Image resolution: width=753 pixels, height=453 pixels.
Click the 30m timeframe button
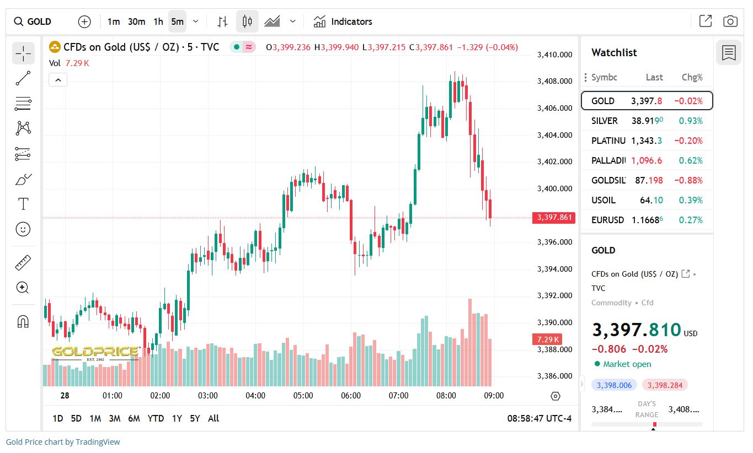[x=136, y=21]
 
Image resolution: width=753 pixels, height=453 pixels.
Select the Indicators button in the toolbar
[x=343, y=21]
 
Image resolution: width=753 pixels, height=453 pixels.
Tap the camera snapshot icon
[x=730, y=21]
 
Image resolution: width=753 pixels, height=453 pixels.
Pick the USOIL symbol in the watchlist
[x=603, y=200]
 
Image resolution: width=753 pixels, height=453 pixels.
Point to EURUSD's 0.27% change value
[x=691, y=220]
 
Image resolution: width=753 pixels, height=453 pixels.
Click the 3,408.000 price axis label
[x=554, y=82]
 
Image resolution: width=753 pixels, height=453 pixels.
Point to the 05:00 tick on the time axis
[x=303, y=396]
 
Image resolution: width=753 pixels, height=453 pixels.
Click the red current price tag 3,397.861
[x=554, y=218]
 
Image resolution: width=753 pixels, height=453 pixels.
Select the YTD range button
[x=156, y=418]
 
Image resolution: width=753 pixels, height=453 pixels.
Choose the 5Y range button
[x=195, y=418]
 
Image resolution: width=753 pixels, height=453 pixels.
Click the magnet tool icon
[x=23, y=321]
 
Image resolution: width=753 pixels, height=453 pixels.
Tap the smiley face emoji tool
[x=23, y=229]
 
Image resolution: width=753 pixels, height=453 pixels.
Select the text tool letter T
[x=23, y=204]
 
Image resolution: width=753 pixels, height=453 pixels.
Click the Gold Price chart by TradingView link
[x=63, y=442]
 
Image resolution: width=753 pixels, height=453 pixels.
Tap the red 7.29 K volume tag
[x=546, y=339]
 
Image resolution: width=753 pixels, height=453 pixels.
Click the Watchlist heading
[x=614, y=53]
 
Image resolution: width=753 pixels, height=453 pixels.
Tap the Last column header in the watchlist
[x=654, y=77]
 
